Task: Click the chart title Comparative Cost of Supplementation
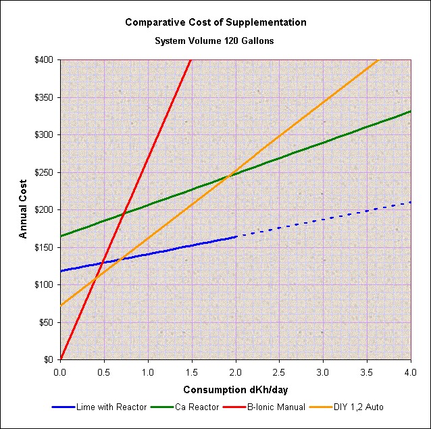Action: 215,22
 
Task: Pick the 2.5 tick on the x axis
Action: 280,371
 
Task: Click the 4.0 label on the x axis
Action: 411,371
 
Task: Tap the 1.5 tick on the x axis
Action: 192,371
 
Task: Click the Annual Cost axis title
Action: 23,209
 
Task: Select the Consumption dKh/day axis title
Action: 235,390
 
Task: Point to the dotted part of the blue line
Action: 324,218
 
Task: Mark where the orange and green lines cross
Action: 231,174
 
